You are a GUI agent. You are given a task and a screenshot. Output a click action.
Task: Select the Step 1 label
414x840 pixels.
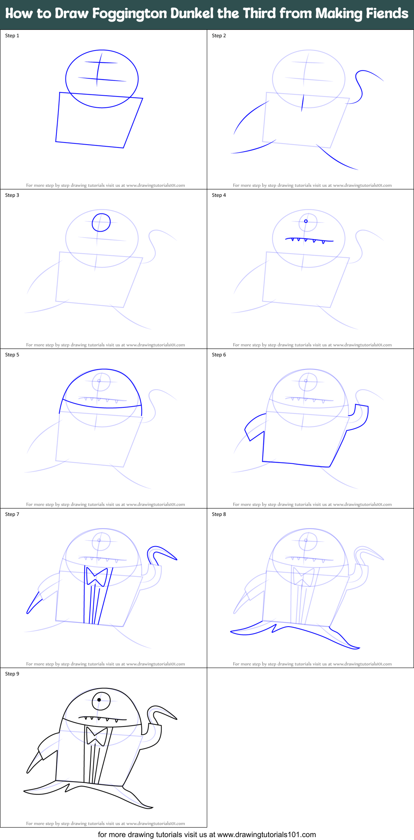[x=12, y=36]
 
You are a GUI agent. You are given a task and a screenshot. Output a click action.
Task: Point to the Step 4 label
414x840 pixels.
[x=219, y=195]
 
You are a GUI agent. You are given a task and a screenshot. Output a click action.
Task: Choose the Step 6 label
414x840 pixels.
[x=219, y=355]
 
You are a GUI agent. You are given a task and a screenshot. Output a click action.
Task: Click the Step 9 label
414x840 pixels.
[x=12, y=674]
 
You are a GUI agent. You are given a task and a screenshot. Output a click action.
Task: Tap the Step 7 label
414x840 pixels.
[x=12, y=514]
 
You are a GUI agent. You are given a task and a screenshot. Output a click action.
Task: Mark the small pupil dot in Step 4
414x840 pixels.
[x=306, y=221]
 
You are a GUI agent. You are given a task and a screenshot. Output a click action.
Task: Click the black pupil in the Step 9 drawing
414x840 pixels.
[x=99, y=700]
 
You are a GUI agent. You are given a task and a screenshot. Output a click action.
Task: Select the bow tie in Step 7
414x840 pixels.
[x=97, y=576]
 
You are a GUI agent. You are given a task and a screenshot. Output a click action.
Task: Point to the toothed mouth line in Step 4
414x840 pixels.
[x=309, y=240]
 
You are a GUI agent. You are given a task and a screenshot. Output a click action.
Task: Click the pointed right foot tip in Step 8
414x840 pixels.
[x=359, y=647]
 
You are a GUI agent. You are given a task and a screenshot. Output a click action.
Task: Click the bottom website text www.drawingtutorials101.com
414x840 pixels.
[x=266, y=834]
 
